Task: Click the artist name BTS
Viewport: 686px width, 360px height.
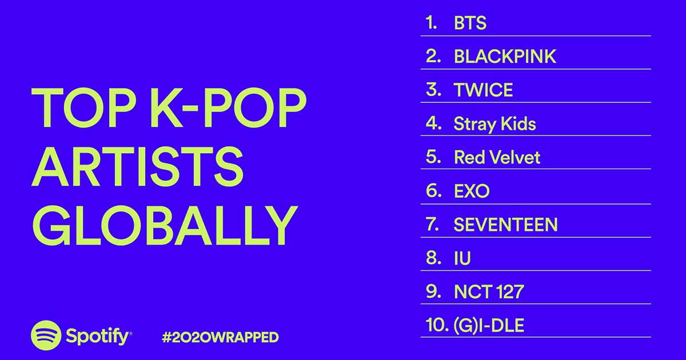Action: click(470, 23)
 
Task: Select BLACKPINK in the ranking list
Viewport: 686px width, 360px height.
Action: click(505, 57)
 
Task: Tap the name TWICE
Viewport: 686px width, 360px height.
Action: click(484, 90)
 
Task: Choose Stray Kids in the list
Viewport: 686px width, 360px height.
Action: click(495, 124)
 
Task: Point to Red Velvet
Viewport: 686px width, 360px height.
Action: click(497, 157)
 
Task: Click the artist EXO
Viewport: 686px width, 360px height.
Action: click(472, 191)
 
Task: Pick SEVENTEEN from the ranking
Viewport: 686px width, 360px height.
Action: click(505, 225)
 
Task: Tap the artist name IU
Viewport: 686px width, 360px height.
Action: click(462, 258)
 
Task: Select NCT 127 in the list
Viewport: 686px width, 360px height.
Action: click(489, 291)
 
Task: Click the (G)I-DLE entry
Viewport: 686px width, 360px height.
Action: click(489, 325)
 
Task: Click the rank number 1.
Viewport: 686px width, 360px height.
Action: click(432, 23)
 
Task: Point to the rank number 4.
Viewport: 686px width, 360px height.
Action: click(434, 123)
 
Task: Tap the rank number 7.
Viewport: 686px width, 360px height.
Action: click(432, 225)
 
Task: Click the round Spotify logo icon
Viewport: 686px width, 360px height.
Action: click(46, 335)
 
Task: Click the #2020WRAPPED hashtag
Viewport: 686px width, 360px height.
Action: click(220, 337)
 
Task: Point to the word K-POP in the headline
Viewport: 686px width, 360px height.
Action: click(228, 107)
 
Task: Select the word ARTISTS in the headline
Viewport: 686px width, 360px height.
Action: click(138, 166)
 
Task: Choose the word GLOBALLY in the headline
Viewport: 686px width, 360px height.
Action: click(165, 225)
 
